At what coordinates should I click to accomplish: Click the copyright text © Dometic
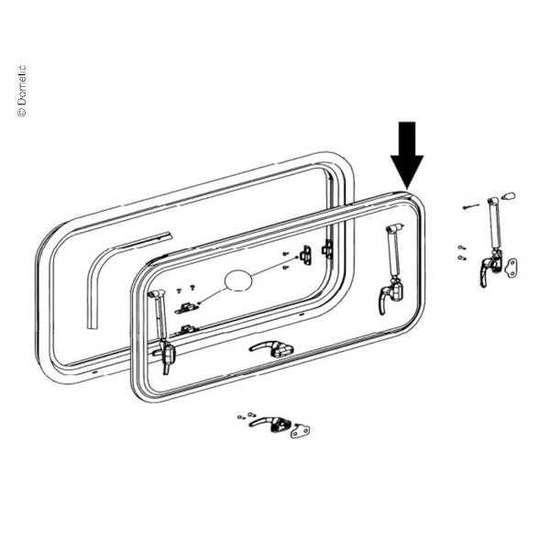[21, 90]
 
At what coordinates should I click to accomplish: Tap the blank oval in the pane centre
[238, 281]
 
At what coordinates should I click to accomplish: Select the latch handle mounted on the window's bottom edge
[271, 348]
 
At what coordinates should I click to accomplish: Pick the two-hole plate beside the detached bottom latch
[301, 431]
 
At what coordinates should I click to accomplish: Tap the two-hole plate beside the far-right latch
[511, 268]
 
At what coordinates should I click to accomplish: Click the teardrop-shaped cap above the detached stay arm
[510, 195]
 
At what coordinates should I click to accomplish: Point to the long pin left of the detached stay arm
[470, 206]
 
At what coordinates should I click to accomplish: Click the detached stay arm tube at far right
[495, 224]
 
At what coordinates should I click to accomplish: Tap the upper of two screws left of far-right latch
[462, 247]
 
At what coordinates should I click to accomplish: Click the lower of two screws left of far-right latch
[462, 258]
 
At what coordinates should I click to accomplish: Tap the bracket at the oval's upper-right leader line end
[306, 255]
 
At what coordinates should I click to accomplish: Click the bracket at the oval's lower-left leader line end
[186, 308]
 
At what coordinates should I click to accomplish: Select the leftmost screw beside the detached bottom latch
[241, 417]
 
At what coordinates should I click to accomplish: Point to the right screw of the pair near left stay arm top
[192, 287]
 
